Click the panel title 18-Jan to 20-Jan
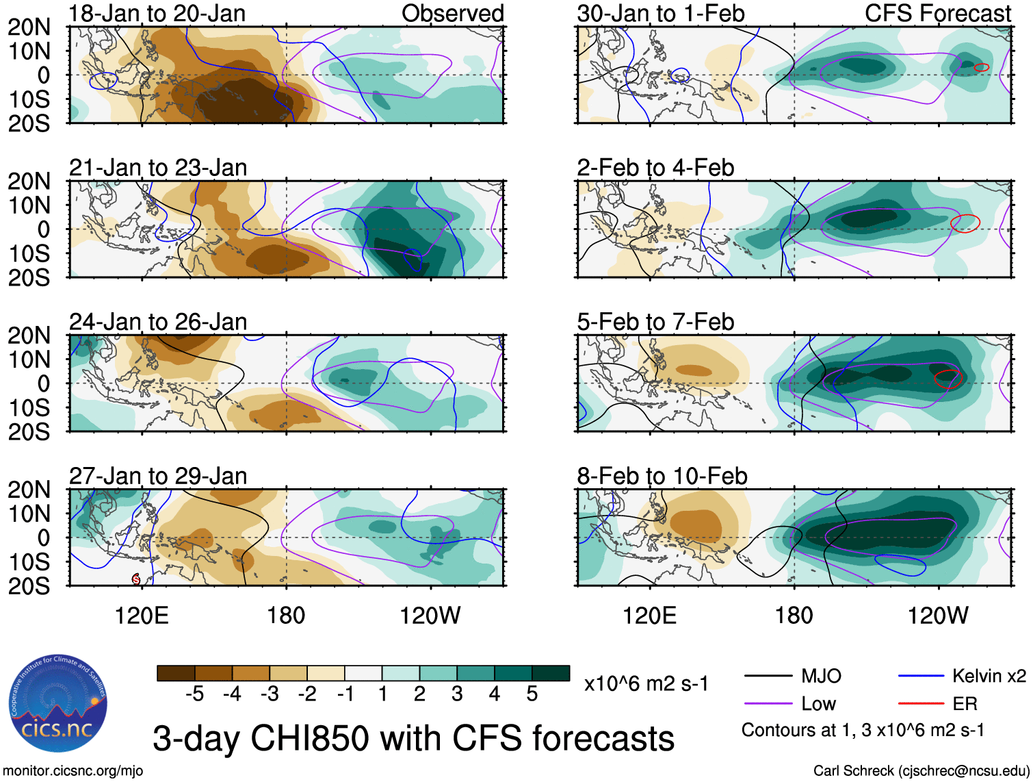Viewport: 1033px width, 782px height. point(157,14)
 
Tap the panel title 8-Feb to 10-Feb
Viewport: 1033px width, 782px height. point(662,476)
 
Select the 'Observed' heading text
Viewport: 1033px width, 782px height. point(452,14)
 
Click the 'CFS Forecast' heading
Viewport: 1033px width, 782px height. point(937,14)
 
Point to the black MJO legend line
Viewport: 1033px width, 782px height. point(768,677)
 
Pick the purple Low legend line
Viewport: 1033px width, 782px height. point(768,703)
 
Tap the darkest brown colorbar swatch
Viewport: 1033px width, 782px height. point(176,673)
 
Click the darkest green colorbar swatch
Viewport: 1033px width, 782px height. point(551,673)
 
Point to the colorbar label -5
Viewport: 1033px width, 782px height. point(194,694)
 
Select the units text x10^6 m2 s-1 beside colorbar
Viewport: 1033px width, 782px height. point(646,683)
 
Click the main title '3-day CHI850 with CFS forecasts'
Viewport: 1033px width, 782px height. point(413,739)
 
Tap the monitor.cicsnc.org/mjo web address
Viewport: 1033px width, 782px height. point(73,771)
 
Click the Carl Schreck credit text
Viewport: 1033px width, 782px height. point(921,771)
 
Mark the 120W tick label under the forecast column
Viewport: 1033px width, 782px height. point(938,616)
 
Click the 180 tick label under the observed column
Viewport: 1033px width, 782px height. point(286,616)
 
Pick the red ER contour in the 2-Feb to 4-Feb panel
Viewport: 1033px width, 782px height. point(965,223)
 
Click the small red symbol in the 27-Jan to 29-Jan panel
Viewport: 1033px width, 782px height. point(136,579)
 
